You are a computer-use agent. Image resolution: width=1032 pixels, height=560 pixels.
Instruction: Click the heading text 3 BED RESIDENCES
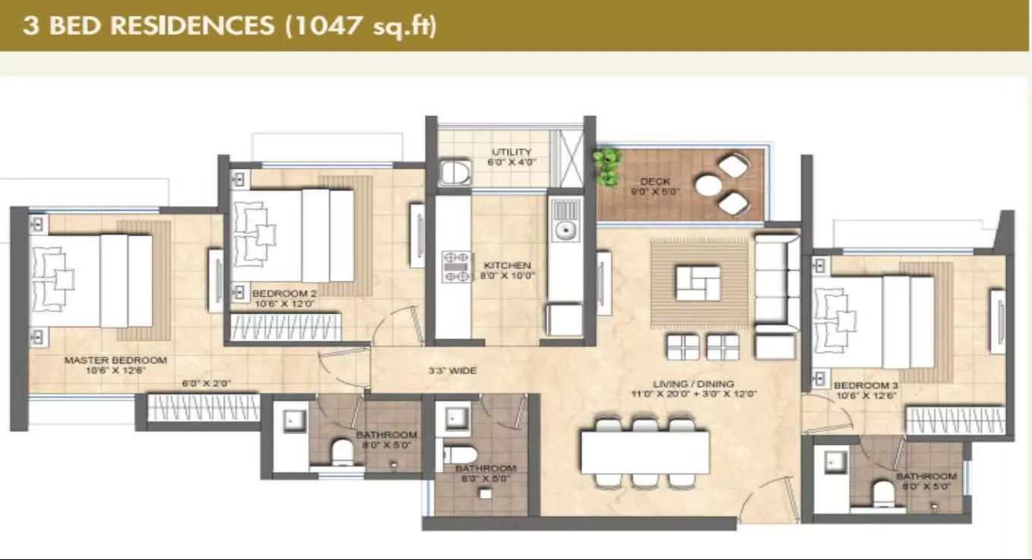pos(147,25)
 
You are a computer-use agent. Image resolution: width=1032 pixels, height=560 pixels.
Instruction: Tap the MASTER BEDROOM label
pos(115,360)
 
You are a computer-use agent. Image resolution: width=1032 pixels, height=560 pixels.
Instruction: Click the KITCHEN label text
pos(507,266)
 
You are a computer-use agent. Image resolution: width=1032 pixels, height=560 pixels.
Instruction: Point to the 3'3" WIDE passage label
pos(452,371)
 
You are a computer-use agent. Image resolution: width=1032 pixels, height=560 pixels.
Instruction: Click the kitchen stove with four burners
pos(457,267)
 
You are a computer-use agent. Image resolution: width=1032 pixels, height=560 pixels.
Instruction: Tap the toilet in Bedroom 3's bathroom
pos(884,496)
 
